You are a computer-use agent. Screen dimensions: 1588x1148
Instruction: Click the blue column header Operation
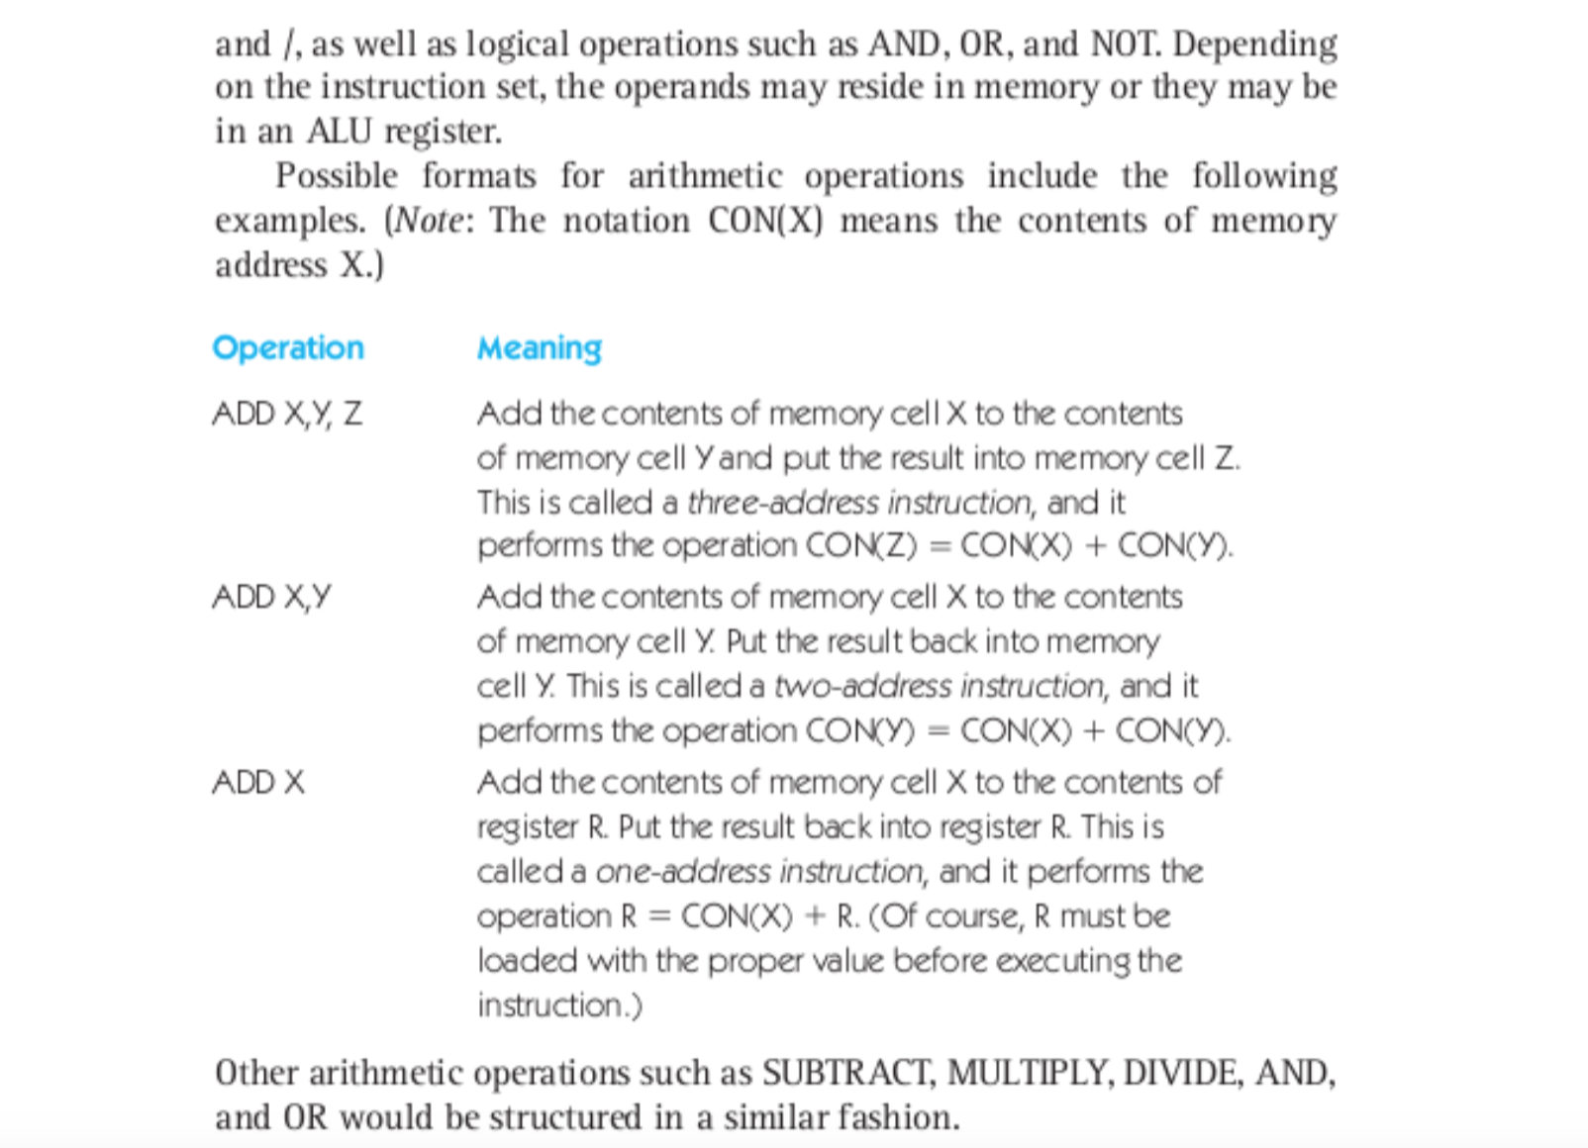288,348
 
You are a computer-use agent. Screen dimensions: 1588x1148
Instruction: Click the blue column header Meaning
540,348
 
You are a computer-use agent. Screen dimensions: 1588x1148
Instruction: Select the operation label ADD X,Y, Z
287,414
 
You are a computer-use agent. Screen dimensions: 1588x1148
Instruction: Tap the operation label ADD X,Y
271,598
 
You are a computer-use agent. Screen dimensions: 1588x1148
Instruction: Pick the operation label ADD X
258,783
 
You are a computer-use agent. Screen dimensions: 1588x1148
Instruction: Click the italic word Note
430,221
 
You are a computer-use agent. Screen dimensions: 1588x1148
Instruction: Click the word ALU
340,132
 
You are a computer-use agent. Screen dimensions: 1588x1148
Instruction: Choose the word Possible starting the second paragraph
337,176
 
